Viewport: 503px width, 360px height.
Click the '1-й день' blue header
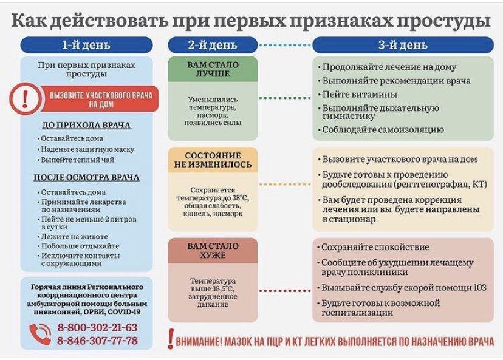coord(86,45)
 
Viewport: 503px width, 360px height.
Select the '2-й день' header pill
coord(213,45)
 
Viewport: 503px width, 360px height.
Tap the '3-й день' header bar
coord(403,45)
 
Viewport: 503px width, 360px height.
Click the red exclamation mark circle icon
coord(25,99)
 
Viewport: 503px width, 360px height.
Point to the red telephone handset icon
coord(40,334)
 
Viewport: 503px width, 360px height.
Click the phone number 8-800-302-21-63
coord(98,328)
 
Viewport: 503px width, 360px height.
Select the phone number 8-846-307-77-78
coord(98,341)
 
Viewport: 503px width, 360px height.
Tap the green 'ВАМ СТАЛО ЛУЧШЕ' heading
coord(213,69)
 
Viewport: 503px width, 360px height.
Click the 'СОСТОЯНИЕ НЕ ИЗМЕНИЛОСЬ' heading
coord(213,160)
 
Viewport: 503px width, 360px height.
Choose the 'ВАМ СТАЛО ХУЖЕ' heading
coord(213,251)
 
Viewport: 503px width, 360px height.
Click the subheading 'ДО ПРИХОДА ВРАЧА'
coord(87,125)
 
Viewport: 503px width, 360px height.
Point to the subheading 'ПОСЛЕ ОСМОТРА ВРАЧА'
coord(87,178)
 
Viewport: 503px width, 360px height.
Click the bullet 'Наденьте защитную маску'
coord(86,149)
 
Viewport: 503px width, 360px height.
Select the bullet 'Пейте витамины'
coord(357,94)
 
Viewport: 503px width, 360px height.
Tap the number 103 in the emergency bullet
coord(480,287)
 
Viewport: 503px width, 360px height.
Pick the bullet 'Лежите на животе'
coord(72,237)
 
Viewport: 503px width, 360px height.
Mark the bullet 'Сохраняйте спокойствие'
coord(373,247)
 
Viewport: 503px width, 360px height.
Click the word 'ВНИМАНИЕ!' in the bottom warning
coord(199,342)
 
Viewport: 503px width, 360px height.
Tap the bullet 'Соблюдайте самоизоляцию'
coord(381,129)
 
